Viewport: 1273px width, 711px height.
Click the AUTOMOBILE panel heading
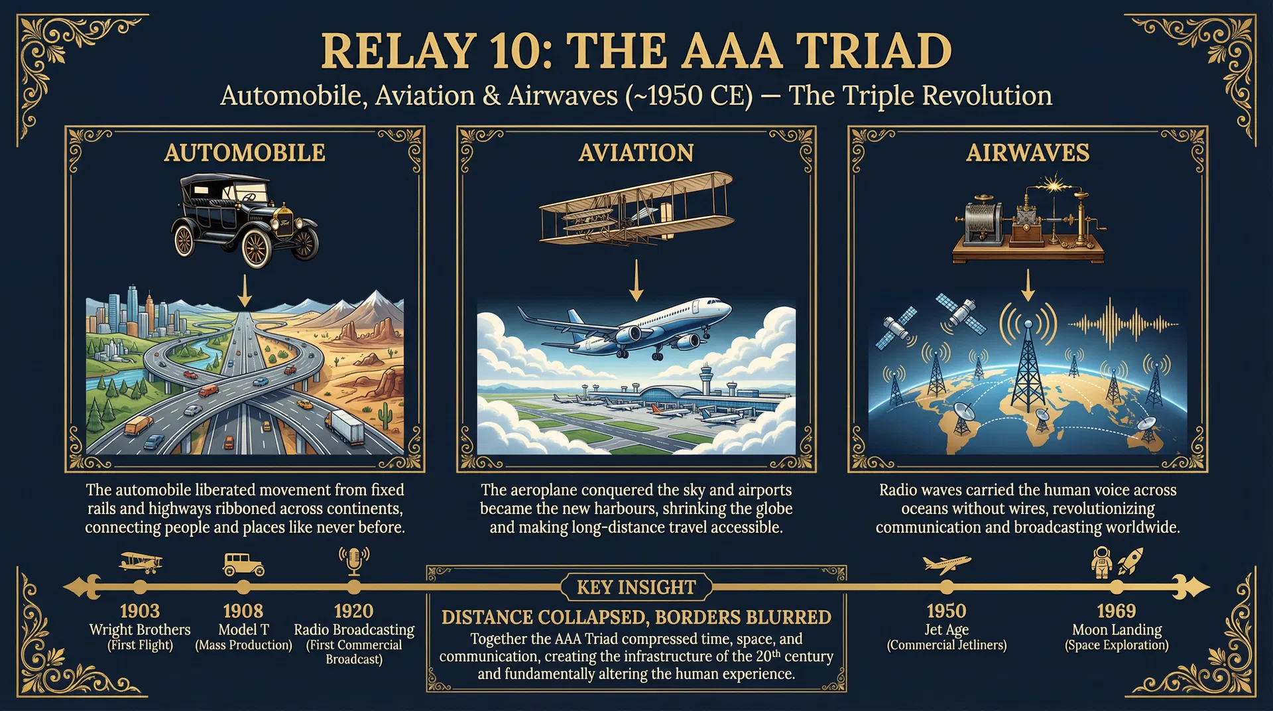(x=245, y=153)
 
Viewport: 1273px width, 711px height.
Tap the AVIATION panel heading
(x=636, y=153)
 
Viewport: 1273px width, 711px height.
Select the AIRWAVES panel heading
(x=1027, y=153)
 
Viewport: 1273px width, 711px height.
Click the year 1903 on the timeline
(x=140, y=611)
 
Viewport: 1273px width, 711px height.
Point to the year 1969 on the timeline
(x=1117, y=611)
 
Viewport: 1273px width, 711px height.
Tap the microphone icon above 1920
(x=354, y=561)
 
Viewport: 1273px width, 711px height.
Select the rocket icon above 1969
(x=1130, y=560)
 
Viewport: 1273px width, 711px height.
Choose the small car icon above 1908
(x=243, y=564)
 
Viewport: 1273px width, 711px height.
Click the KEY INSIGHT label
(x=636, y=588)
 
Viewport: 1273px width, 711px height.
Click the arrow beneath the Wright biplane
(x=636, y=280)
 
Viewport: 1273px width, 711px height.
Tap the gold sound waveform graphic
(x=1122, y=324)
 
